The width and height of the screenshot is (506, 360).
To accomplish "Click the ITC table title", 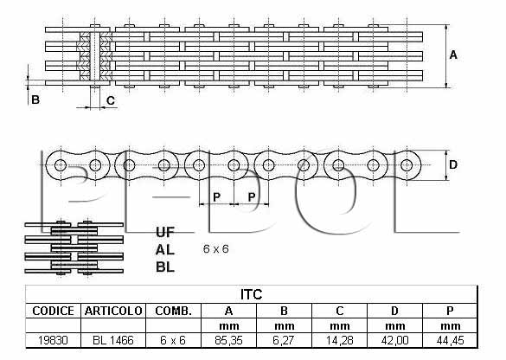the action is [251, 294].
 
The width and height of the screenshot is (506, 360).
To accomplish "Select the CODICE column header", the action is [54, 311].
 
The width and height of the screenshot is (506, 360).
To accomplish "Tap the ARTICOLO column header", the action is [113, 311].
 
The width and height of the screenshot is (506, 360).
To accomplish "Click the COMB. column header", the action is [173, 311].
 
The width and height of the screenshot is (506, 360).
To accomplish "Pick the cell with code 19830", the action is [53, 340].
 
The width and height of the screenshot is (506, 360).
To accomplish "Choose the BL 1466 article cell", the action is [113, 340].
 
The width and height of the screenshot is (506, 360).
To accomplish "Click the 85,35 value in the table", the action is [228, 340].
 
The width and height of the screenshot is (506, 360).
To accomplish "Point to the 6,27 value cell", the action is [284, 340].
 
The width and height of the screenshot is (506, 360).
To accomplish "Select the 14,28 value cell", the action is [339, 340].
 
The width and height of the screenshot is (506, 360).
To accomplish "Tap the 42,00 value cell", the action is [394, 340].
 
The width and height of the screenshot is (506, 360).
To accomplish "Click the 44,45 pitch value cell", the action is [450, 340].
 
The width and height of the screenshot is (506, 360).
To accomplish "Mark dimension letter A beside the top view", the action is [453, 55].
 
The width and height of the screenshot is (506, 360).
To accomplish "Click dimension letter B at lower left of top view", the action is [35, 100].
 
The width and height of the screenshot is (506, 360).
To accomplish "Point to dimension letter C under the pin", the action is [111, 100].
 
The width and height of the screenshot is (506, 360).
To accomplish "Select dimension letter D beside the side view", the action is [453, 165].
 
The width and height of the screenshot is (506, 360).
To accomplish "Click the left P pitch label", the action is [216, 196].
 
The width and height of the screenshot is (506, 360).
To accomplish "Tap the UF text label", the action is [165, 232].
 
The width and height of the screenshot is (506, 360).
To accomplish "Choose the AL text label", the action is [165, 250].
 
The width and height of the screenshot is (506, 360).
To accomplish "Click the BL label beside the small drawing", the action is [165, 267].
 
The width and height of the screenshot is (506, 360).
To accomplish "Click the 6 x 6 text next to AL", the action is [216, 249].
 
